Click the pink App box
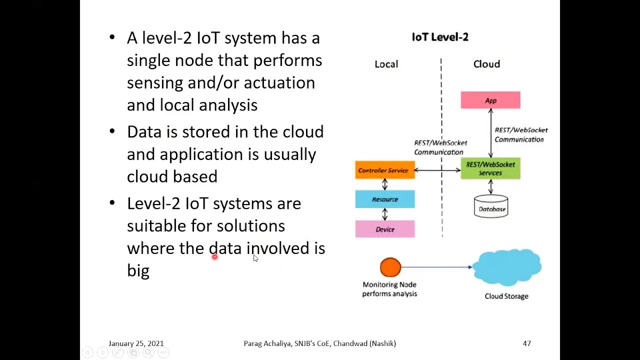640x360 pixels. point(490,100)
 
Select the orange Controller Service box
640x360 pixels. point(385,170)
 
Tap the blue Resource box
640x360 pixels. point(385,199)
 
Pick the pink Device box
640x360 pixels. point(385,229)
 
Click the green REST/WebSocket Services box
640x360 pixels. point(490,168)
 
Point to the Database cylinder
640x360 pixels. point(491,206)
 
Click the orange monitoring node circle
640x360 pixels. point(390,267)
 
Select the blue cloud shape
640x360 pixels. point(507,267)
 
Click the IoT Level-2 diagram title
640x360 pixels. point(440,37)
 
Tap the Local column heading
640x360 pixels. point(386,64)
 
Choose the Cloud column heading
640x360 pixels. point(486,64)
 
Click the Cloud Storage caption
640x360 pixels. point(506,296)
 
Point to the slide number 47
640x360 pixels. point(527,343)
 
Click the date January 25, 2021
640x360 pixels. point(136,343)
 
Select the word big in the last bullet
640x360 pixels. point(138,270)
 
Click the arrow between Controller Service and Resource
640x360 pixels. point(385,184)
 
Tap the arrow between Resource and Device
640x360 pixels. point(385,214)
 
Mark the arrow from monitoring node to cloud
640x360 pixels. point(436,267)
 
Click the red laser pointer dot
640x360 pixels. point(214,257)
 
